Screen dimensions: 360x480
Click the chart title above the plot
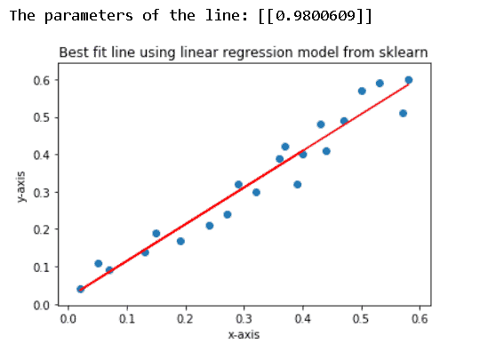pyautogui.click(x=243, y=53)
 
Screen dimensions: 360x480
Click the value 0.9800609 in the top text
pyautogui.click(x=312, y=17)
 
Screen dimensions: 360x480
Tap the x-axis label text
pyautogui.click(x=243, y=335)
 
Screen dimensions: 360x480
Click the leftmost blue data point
pyautogui.click(x=80, y=289)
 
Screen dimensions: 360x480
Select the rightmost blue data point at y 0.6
pyautogui.click(x=409, y=80)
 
